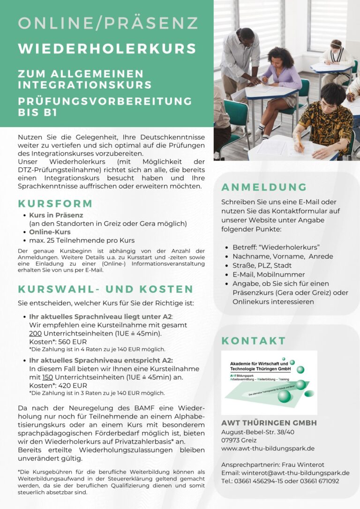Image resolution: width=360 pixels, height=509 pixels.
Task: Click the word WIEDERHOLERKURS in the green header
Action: (x=107, y=49)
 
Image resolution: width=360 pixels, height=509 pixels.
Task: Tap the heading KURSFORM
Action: (x=55, y=204)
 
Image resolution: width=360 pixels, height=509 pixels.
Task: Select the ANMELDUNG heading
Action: (x=264, y=187)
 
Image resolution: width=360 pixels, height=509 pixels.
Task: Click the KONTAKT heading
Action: (x=254, y=341)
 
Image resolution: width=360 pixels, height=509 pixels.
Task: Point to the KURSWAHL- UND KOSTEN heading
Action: (x=105, y=289)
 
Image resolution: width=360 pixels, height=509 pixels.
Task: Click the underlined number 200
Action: (x=35, y=333)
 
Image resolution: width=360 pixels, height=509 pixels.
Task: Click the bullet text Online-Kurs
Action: (x=50, y=232)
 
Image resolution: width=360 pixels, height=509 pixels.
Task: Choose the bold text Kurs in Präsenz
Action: (x=56, y=215)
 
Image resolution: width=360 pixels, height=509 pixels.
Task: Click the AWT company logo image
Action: (x=269, y=382)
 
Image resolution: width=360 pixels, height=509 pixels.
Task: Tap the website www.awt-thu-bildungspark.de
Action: (x=268, y=449)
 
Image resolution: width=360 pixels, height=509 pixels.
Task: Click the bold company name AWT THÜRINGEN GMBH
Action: (x=269, y=423)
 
